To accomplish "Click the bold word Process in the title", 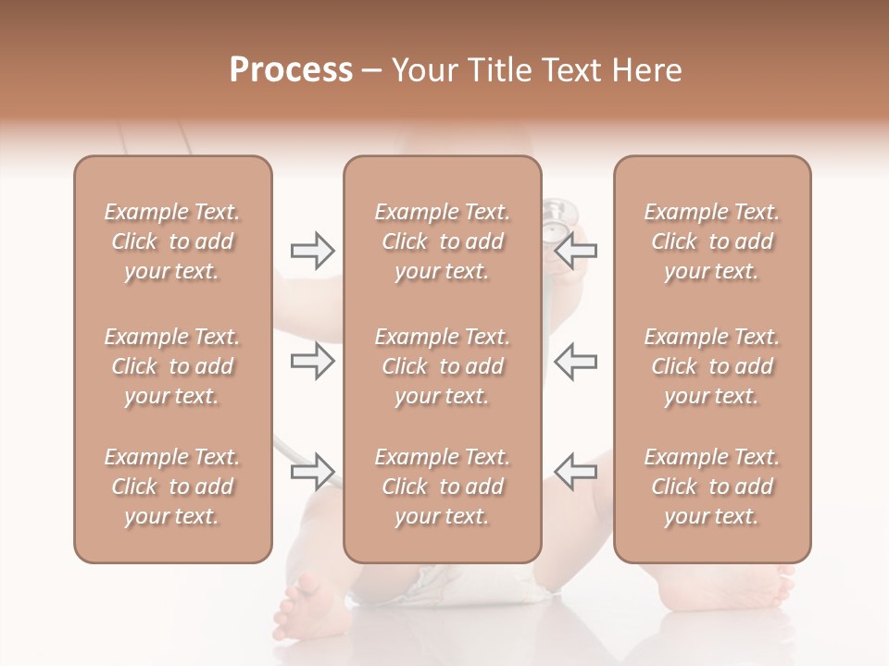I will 291,70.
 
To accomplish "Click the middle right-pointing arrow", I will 312,362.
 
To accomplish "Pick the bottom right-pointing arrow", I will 312,472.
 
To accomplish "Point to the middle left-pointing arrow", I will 576,362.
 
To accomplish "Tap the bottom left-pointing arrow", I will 576,472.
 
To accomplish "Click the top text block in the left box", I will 172,241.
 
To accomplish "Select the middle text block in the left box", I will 172,366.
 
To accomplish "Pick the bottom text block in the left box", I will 172,487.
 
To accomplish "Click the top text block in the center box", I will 442,241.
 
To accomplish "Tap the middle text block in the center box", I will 442,366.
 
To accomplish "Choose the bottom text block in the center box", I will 442,487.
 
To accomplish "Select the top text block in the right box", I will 711,241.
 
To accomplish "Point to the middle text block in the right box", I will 711,366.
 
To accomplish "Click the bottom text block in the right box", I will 711,487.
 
